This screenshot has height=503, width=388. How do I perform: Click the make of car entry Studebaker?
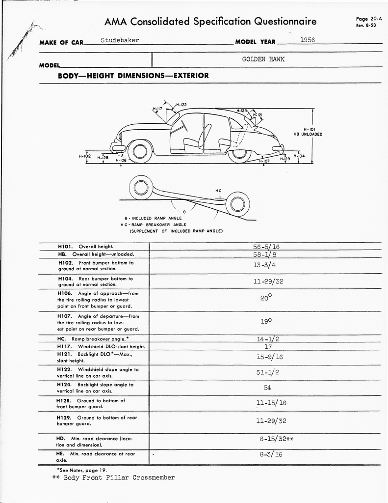pos(120,40)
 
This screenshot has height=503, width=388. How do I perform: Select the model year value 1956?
pos(307,40)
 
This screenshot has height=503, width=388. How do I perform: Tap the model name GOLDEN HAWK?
pos(263,59)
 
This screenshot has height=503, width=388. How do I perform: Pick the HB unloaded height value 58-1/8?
pos(264,255)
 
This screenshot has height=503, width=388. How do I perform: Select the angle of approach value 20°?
pos(265,297)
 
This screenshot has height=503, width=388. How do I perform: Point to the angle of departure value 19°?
pos(265,321)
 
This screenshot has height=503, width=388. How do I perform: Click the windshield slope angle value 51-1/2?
pos(267,372)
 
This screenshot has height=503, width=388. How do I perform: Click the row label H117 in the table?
pos(65,347)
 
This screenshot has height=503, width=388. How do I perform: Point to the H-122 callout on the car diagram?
pos(181,105)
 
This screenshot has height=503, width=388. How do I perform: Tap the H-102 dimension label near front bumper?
pos(85,156)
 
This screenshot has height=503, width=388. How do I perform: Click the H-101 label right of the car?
pos(308,129)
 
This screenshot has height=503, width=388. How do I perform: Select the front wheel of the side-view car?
pos(139,151)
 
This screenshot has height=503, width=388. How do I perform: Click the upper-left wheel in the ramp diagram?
pos(141,187)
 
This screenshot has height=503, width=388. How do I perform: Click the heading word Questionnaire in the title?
pos(285,22)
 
